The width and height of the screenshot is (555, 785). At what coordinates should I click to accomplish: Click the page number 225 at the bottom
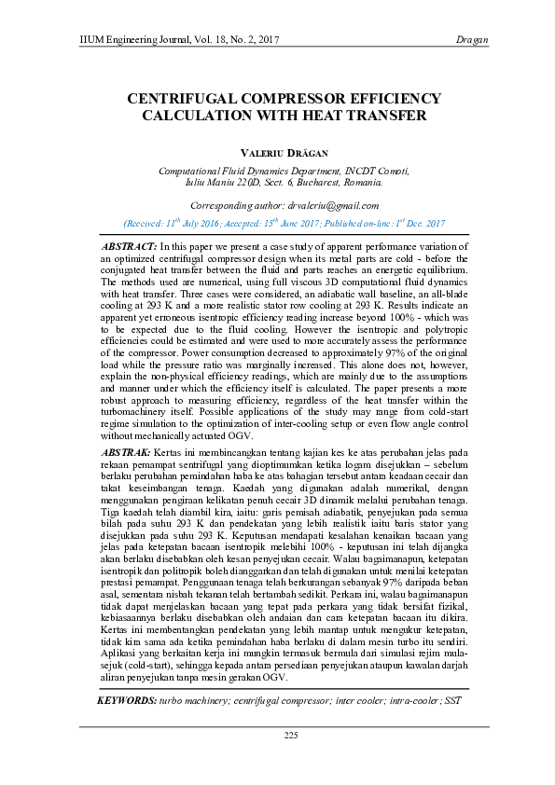pos(291,736)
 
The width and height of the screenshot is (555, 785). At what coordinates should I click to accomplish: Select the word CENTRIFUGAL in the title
pos(178,99)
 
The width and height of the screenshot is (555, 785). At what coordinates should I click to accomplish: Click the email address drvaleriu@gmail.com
pos(333,205)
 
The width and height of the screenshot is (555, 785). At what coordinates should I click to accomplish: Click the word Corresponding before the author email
pos(226,205)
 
